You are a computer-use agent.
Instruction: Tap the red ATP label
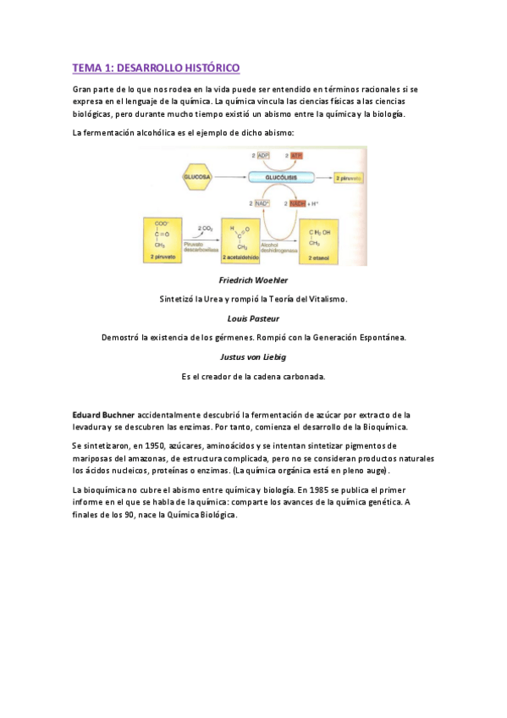pos(295,157)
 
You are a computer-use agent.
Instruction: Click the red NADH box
pos(297,204)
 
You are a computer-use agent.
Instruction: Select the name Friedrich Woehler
pos(253,279)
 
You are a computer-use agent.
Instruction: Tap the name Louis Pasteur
pos(253,318)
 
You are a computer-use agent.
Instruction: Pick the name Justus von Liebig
pos(253,357)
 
